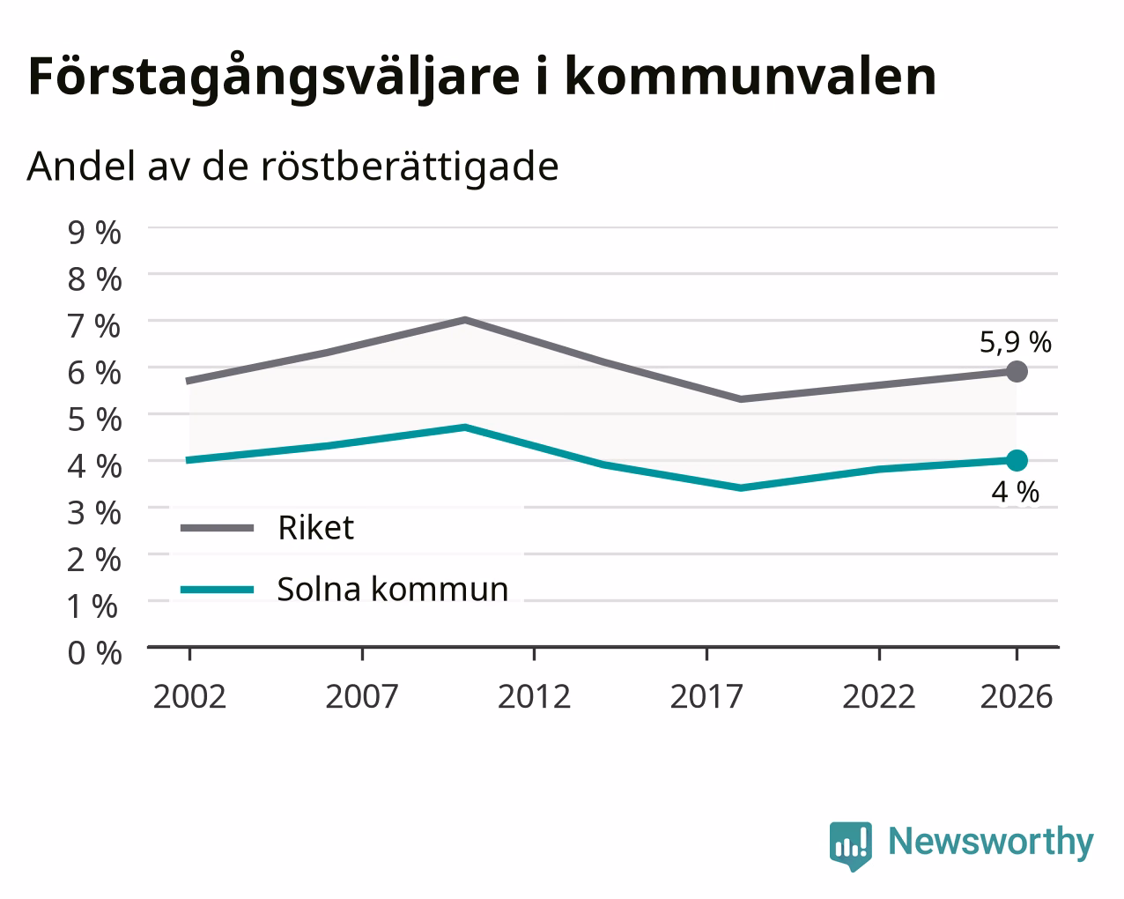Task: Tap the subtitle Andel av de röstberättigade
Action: tap(292, 167)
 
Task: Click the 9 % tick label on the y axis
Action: tap(94, 233)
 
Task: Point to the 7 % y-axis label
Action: tap(94, 326)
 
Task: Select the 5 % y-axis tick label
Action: tap(94, 420)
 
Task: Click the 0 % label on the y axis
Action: tap(94, 653)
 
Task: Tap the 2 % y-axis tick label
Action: tap(94, 560)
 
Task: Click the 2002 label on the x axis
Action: tap(189, 696)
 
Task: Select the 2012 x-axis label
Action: tap(534, 696)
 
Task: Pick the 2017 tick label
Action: tap(706, 696)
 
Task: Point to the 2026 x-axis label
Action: tap(1017, 696)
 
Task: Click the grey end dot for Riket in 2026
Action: tap(1017, 372)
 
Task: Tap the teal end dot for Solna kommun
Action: tap(1017, 460)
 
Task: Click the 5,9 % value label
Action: tap(1016, 343)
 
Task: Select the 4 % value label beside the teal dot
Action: tap(1016, 492)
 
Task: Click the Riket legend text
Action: tap(316, 527)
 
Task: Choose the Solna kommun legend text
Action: tap(393, 589)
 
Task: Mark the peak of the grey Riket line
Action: tap(465, 320)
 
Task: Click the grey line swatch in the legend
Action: tap(217, 529)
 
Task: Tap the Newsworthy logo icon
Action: tap(850, 846)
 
